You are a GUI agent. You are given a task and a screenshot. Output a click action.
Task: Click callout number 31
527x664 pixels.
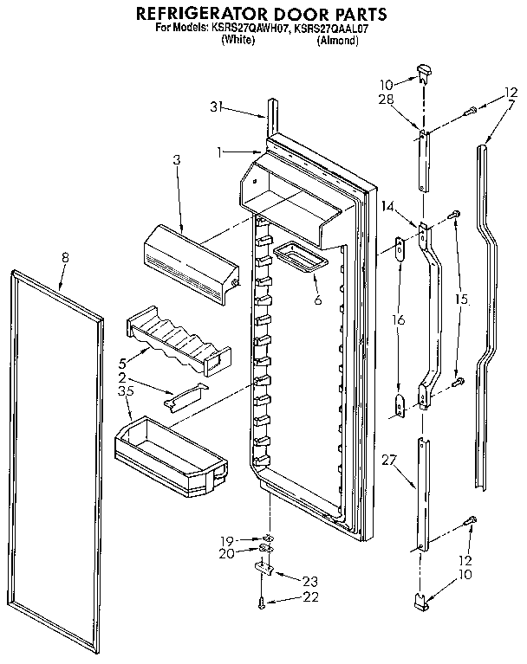point(216,107)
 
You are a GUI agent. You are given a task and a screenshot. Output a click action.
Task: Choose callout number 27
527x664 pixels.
point(388,462)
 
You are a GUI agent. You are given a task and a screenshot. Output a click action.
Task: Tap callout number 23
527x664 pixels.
point(309,582)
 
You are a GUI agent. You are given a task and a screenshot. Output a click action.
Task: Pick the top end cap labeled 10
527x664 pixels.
point(423,69)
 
